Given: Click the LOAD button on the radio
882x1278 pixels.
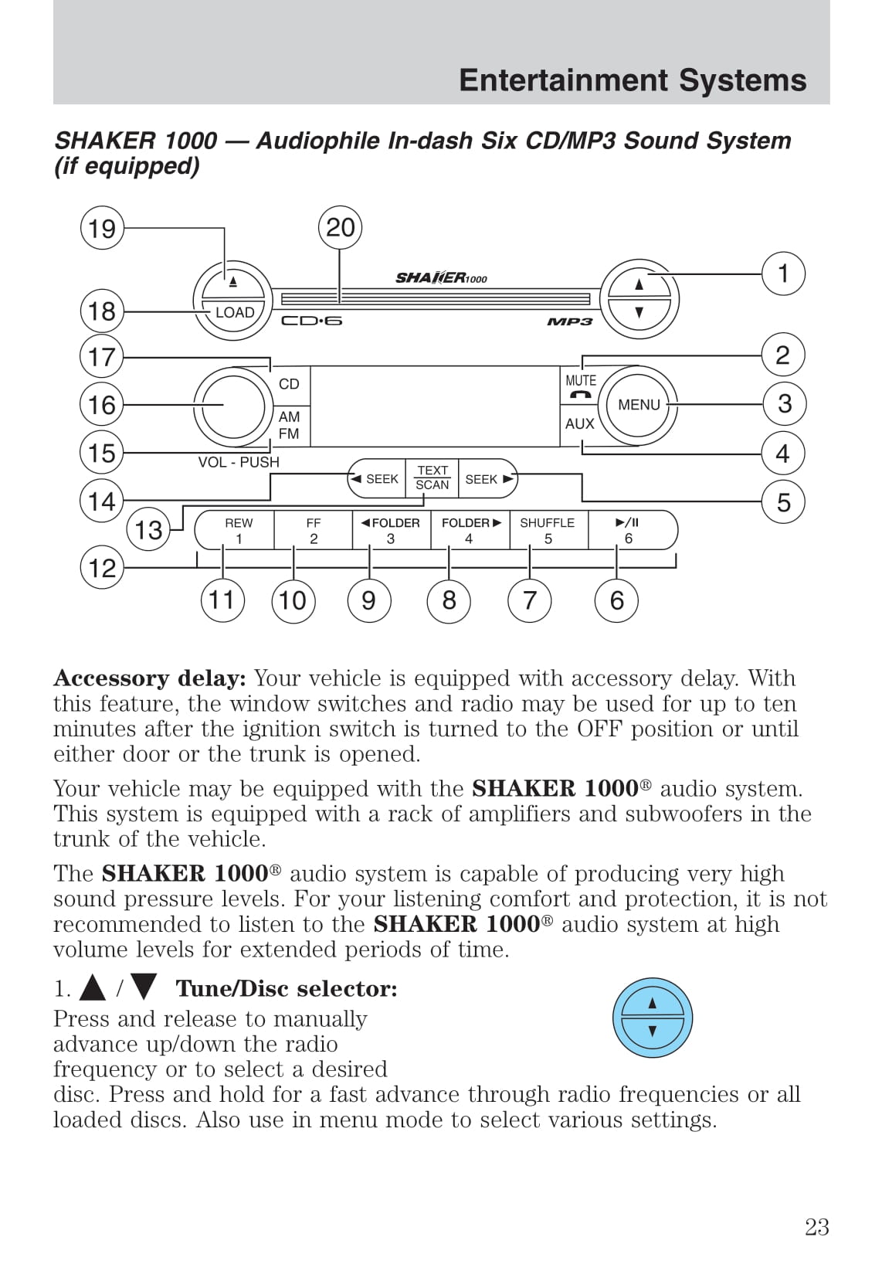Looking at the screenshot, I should [234, 313].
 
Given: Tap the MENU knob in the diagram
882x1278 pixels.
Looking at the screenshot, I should [639, 405].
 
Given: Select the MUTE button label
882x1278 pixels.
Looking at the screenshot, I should [580, 381].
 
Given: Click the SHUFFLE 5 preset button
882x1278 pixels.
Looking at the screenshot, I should [548, 530].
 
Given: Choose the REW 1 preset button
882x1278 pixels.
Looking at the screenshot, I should [239, 530].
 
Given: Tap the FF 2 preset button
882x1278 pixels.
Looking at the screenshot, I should [314, 530].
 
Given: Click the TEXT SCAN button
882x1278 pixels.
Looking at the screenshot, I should [433, 478].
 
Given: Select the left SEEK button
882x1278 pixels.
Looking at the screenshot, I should [376, 479].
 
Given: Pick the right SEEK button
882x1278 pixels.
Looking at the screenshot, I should [487, 479].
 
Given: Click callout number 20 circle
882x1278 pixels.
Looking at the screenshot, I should [340, 228].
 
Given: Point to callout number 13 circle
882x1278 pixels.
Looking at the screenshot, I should [148, 530].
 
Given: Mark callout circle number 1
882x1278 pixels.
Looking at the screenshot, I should [783, 274].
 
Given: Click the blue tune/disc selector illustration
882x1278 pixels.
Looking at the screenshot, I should [652, 1018].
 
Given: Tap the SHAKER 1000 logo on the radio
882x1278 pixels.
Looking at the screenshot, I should [441, 278].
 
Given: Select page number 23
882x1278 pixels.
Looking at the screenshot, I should [816, 1227].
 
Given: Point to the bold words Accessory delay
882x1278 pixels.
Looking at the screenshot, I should [149, 678].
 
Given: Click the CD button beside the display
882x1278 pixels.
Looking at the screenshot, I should [289, 384].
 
